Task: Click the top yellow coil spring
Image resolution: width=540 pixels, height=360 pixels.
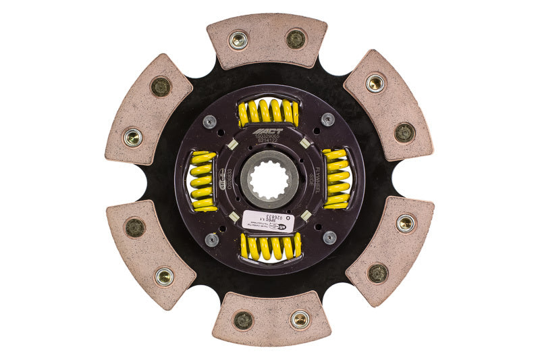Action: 269,112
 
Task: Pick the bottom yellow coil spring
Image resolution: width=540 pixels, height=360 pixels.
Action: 269,247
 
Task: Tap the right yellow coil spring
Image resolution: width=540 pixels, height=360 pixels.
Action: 336,179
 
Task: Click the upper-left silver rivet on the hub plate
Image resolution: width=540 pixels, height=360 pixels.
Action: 211,121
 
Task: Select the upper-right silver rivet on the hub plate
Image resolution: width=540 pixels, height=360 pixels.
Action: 328,120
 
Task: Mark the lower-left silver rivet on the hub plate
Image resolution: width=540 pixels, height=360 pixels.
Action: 211,238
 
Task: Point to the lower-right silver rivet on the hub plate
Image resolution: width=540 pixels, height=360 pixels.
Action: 329,237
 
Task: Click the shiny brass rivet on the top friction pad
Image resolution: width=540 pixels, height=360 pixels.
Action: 238,39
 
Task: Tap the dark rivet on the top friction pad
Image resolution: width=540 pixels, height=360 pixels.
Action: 296,39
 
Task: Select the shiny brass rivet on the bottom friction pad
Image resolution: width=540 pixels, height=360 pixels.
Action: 300,319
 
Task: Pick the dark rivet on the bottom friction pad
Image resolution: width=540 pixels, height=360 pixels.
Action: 243,319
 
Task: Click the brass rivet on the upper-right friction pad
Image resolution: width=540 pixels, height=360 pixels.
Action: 376,83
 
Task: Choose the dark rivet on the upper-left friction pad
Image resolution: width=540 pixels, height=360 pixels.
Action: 161,86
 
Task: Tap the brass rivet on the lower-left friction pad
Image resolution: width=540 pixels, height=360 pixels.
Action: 163,276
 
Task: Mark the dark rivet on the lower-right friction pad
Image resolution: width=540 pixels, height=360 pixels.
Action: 378,272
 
